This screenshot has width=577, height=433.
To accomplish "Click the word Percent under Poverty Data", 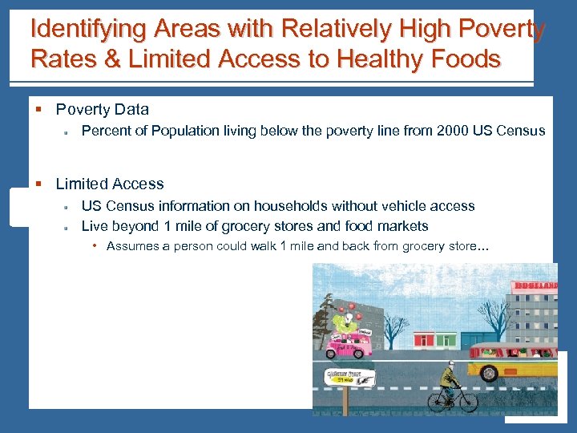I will [x=105, y=131].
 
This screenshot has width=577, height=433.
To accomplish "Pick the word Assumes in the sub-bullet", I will [x=133, y=246].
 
